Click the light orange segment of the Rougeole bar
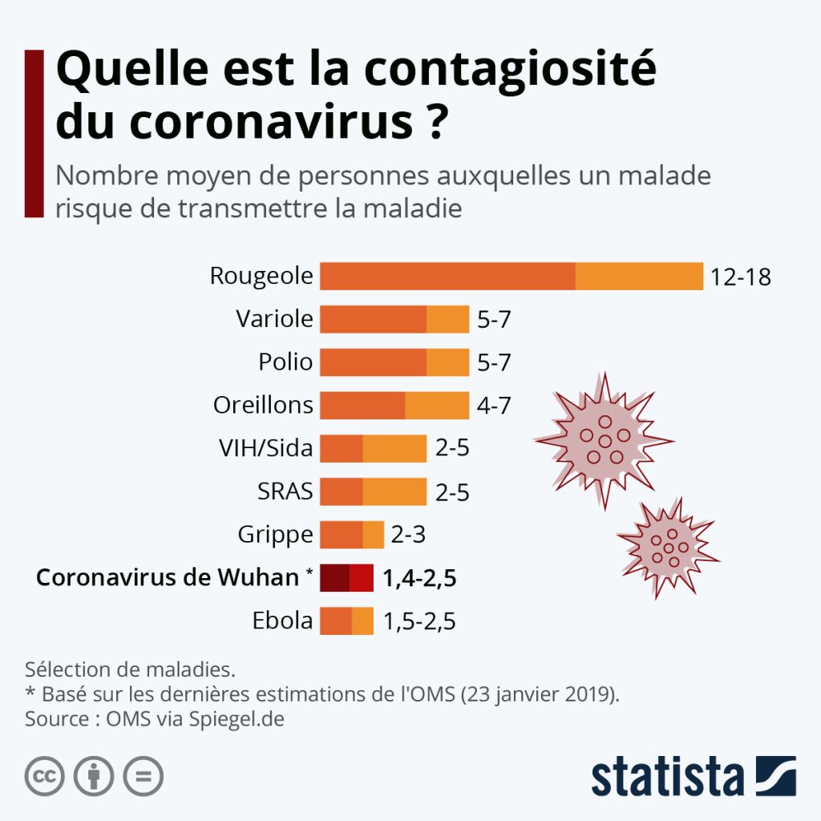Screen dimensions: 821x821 pos(639,276)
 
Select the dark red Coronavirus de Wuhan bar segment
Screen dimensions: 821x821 pos(334,578)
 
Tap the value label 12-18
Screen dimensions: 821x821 pos(740,277)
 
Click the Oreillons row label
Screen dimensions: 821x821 pos(263,405)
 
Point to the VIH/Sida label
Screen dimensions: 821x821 pos(265,447)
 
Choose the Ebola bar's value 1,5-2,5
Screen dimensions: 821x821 pos(419,621)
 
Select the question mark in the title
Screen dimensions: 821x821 pos(434,123)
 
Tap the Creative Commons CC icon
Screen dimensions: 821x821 pos(45,776)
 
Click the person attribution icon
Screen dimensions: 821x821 pos(94,776)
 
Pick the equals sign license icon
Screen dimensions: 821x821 pos(143,776)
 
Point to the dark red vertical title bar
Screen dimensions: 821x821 pos(34,133)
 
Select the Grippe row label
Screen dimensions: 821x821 pos(275,534)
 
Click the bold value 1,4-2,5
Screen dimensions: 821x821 pos(419,578)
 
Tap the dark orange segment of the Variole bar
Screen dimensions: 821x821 pos(373,319)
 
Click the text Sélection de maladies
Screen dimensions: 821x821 pos(130,669)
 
